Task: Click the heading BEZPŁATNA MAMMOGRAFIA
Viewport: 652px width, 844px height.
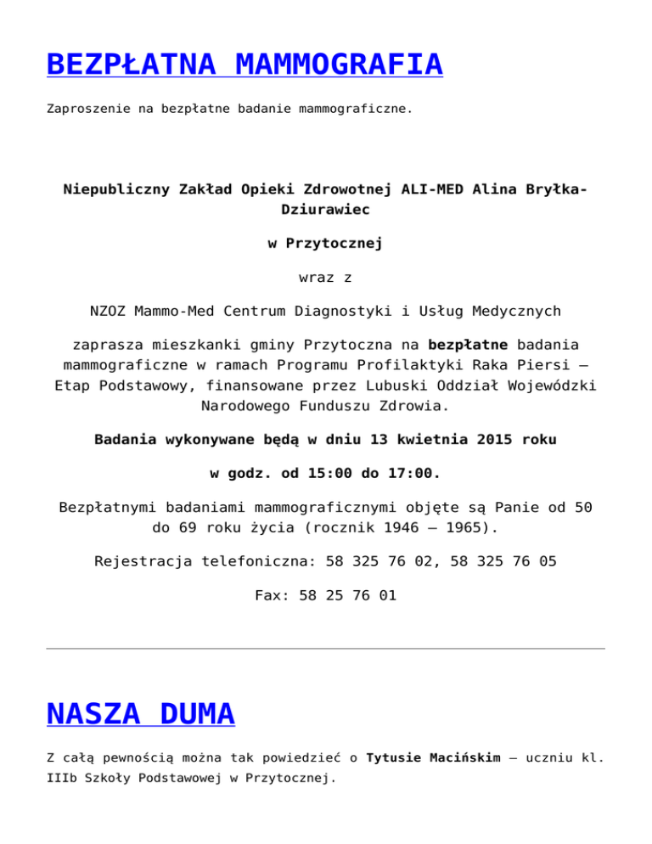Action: click(244, 65)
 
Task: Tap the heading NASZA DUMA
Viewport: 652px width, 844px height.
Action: click(140, 714)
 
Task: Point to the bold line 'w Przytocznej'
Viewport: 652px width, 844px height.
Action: click(325, 244)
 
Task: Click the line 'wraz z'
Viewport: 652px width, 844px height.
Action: click(325, 278)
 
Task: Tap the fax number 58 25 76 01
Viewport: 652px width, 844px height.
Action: click(347, 595)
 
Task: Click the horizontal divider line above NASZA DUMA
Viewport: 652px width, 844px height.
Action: click(325, 649)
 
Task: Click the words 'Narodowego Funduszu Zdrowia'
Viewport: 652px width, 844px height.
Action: click(325, 406)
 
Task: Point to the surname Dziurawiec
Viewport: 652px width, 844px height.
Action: click(325, 208)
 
